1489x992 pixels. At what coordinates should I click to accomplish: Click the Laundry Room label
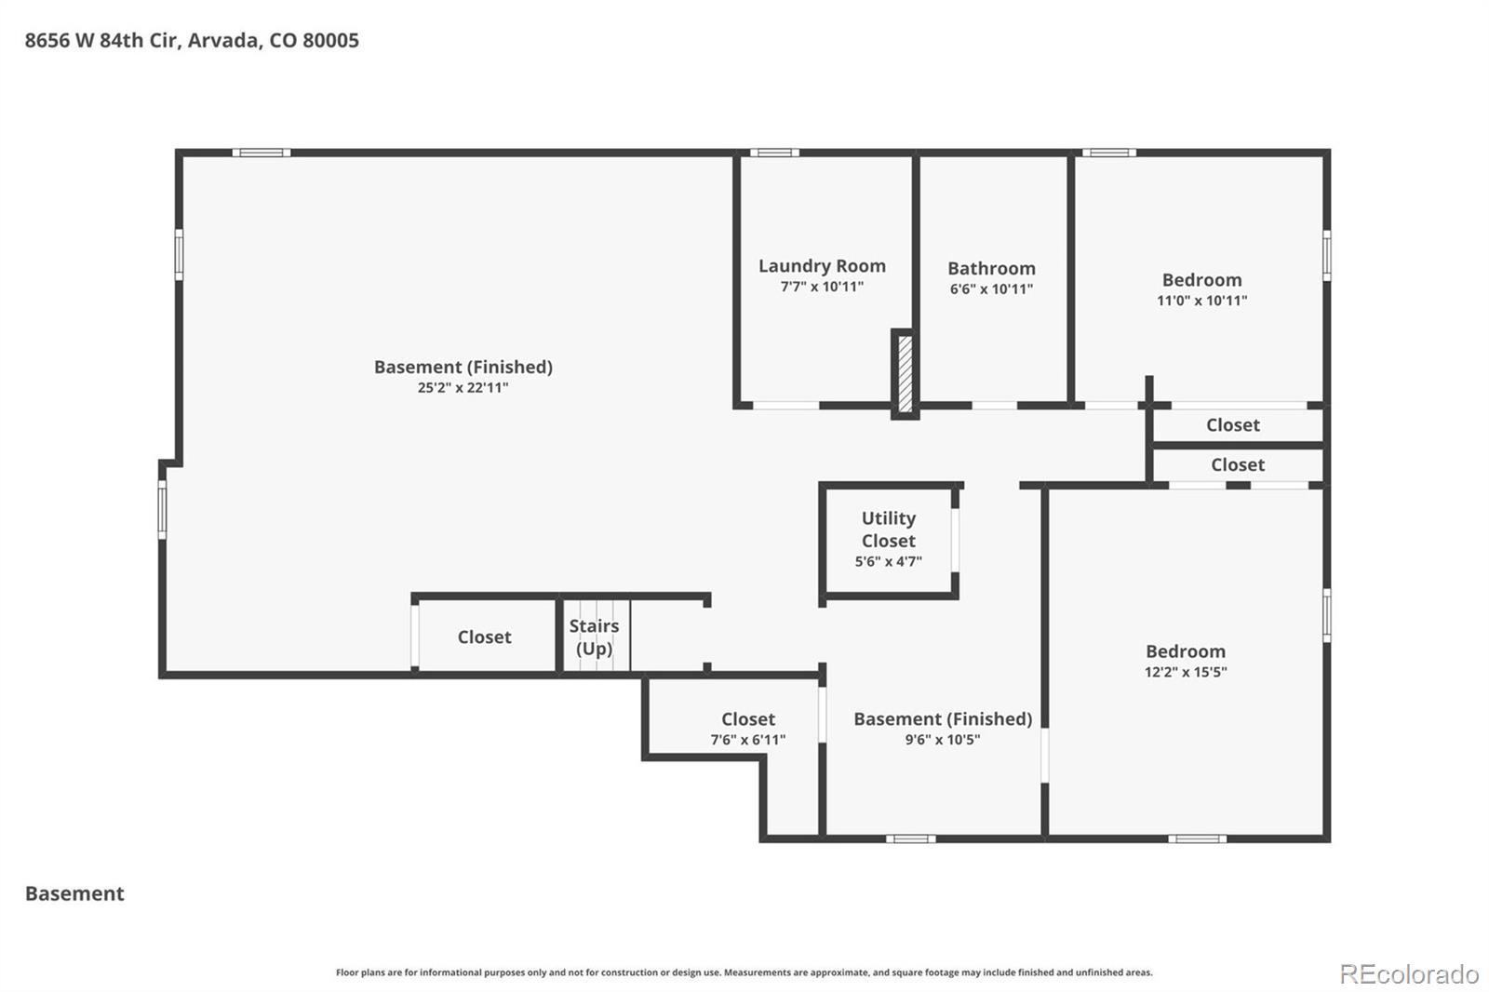point(823,266)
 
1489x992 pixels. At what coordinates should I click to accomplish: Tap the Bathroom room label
point(991,269)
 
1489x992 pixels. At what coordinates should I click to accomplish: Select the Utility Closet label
point(889,530)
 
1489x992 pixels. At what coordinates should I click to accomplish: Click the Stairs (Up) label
point(595,637)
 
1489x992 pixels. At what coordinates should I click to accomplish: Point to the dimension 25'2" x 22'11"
point(463,388)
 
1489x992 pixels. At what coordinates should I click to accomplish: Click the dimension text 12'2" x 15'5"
point(1186,672)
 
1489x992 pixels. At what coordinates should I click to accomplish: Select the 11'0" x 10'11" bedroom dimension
point(1201,301)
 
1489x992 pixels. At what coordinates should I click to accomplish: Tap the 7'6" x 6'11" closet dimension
point(748,739)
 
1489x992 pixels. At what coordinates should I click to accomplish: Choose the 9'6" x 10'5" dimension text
point(943,739)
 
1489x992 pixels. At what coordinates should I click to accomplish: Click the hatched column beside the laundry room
point(905,374)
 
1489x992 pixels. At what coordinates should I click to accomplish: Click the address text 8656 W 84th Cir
point(101,41)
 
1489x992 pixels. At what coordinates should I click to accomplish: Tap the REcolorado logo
point(1409,974)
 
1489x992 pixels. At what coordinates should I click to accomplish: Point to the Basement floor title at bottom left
point(74,893)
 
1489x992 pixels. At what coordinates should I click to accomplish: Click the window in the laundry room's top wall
point(774,153)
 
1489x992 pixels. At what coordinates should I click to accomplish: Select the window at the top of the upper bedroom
point(1108,153)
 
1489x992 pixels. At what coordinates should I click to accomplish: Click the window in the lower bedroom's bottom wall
point(1197,839)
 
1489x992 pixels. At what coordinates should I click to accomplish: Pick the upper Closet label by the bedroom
point(1233,425)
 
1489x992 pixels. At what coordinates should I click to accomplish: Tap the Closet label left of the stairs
point(485,637)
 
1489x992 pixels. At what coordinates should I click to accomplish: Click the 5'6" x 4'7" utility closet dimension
point(888,561)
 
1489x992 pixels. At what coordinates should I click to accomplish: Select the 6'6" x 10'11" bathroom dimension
point(991,289)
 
